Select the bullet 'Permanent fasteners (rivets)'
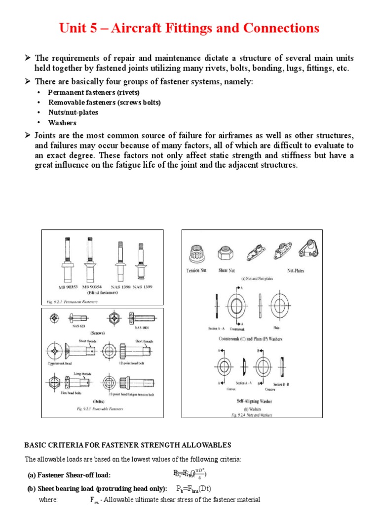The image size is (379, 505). point(94,92)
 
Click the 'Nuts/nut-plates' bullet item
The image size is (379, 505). point(73,112)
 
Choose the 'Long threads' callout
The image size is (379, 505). point(81,373)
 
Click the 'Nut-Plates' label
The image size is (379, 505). point(296,271)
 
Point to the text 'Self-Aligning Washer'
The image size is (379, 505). point(251,401)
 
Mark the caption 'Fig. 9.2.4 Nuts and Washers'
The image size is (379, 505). point(252,415)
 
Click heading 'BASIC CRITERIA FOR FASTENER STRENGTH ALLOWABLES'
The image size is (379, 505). point(128,445)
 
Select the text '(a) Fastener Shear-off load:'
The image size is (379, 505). point(69,475)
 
